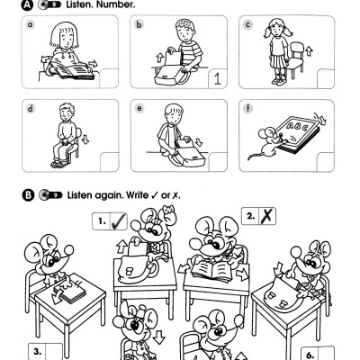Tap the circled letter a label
(x=30, y=26)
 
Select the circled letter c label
(x=247, y=26)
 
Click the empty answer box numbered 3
(x=47, y=349)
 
